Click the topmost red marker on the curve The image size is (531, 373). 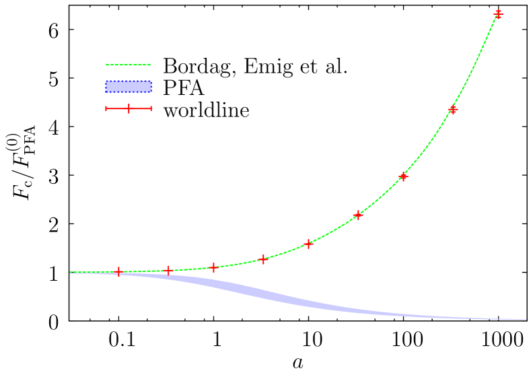click(499, 13)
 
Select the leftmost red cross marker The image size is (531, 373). click(118, 271)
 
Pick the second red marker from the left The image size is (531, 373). click(168, 270)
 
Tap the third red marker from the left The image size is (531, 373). click(213, 267)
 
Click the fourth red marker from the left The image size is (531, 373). click(263, 259)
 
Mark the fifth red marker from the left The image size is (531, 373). click(308, 243)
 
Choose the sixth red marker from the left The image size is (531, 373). click(358, 215)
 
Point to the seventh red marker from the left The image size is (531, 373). click(403, 176)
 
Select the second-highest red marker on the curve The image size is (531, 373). click(453, 109)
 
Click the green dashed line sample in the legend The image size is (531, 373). click(129, 65)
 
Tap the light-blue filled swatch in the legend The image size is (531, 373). click(129, 86)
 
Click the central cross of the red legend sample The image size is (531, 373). click(129, 108)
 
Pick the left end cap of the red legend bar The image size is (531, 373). click(106, 108)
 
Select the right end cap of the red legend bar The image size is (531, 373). click(151, 108)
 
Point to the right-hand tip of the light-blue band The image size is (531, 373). click(526, 320)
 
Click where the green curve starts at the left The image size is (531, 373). click(71, 273)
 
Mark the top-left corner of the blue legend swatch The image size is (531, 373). click(106, 81)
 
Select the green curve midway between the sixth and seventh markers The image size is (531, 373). click(381, 197)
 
